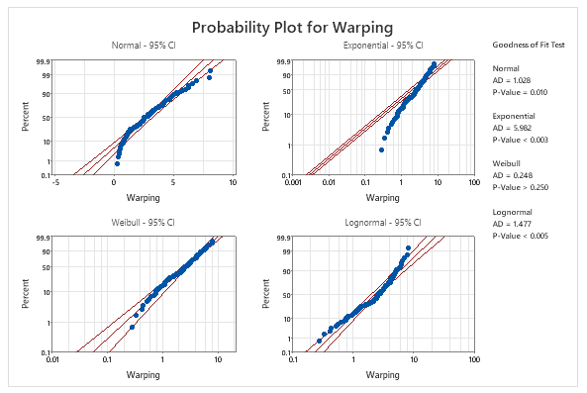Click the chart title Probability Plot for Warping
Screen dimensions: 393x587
tap(294, 26)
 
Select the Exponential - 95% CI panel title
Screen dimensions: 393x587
tap(382, 47)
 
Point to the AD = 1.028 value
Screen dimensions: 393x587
tap(512, 80)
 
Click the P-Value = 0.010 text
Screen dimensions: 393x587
tap(521, 92)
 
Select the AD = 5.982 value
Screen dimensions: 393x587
tap(512, 129)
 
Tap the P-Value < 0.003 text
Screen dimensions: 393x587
tap(521, 141)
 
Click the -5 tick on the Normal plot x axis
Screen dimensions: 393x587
tap(55, 182)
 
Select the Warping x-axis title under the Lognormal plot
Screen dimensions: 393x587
tap(383, 375)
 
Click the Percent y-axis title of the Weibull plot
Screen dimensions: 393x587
tap(27, 296)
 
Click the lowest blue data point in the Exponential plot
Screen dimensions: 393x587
tap(381, 149)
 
